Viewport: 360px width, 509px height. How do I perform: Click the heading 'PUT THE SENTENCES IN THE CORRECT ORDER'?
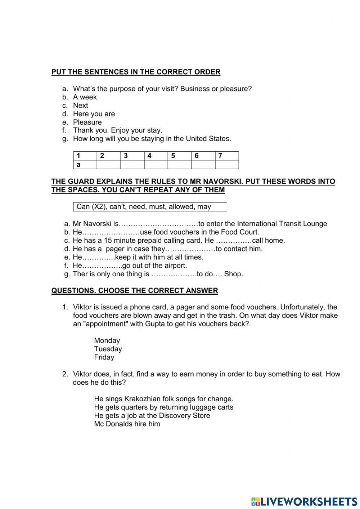[136, 72]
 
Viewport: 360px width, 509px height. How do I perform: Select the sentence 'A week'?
[85, 97]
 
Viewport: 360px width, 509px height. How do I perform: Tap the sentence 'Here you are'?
[94, 114]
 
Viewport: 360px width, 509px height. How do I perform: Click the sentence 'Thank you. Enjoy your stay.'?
[117, 130]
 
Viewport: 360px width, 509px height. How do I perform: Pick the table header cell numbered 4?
[156, 156]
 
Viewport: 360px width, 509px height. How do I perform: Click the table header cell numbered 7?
[226, 156]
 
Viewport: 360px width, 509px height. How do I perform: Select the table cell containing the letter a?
[85, 165]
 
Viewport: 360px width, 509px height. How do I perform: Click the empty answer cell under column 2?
[108, 165]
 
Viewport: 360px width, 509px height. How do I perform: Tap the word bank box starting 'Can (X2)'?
[150, 207]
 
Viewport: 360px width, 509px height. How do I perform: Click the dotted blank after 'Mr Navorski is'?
[158, 224]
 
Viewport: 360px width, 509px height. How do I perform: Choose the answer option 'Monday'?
[107, 340]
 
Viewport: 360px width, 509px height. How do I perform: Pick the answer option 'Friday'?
[104, 357]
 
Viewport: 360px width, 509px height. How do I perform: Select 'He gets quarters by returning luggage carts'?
[163, 407]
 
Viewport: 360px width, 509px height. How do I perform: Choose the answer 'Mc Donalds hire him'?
[127, 424]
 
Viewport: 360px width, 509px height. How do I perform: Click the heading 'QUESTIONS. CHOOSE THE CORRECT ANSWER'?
[135, 291]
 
